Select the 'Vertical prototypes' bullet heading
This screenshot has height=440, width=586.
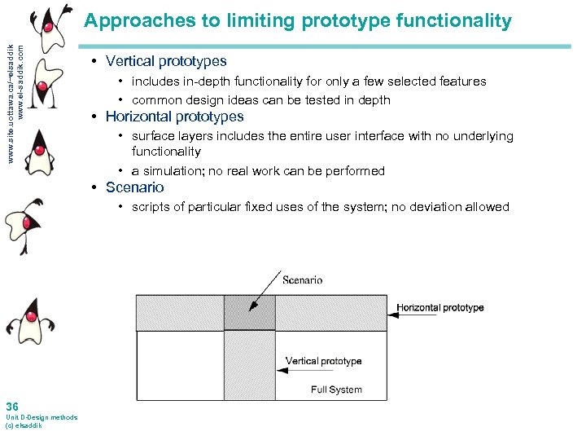(x=166, y=61)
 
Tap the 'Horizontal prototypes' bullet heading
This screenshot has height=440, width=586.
(x=174, y=117)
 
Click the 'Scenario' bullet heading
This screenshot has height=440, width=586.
(x=134, y=187)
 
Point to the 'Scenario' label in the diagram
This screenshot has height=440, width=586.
(x=302, y=279)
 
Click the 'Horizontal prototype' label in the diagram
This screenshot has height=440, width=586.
(x=440, y=308)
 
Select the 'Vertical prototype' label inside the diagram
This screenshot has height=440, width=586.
(x=323, y=361)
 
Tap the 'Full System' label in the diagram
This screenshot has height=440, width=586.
(x=336, y=389)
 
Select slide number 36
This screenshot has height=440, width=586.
(x=11, y=407)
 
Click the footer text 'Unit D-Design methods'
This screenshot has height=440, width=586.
(x=42, y=417)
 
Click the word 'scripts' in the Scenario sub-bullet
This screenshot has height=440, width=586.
(x=151, y=207)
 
